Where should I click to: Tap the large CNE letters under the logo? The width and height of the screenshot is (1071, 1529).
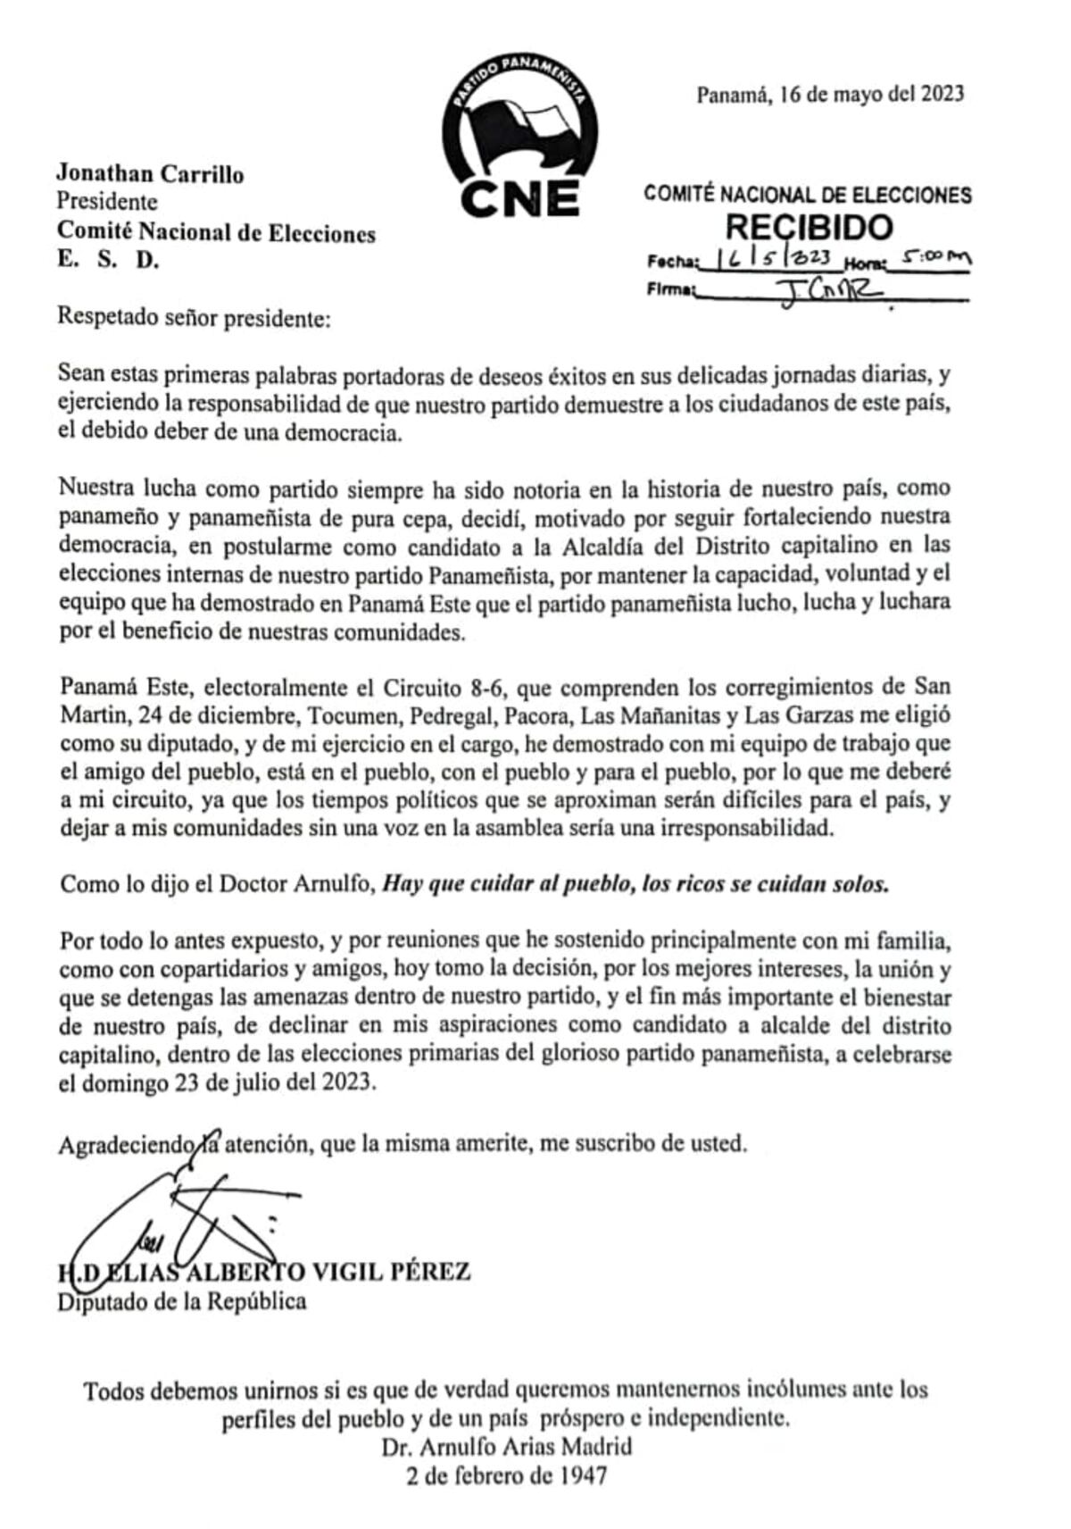tap(520, 197)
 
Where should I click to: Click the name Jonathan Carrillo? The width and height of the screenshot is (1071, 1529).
tap(150, 173)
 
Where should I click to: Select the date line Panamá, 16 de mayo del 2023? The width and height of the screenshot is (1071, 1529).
tap(829, 94)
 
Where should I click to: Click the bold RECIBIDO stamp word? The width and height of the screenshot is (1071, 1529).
tap(809, 227)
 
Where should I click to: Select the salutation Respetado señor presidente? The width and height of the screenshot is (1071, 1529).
tap(194, 317)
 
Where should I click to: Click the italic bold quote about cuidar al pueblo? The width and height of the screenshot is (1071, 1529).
tap(636, 884)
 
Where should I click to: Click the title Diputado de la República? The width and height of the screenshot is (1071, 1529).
tap(182, 1300)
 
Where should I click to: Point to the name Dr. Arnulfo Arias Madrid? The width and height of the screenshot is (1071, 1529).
tap(506, 1446)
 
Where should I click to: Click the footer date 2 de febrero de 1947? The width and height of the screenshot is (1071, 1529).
tap(506, 1475)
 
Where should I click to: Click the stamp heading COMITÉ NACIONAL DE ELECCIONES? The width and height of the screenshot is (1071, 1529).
tap(808, 194)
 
